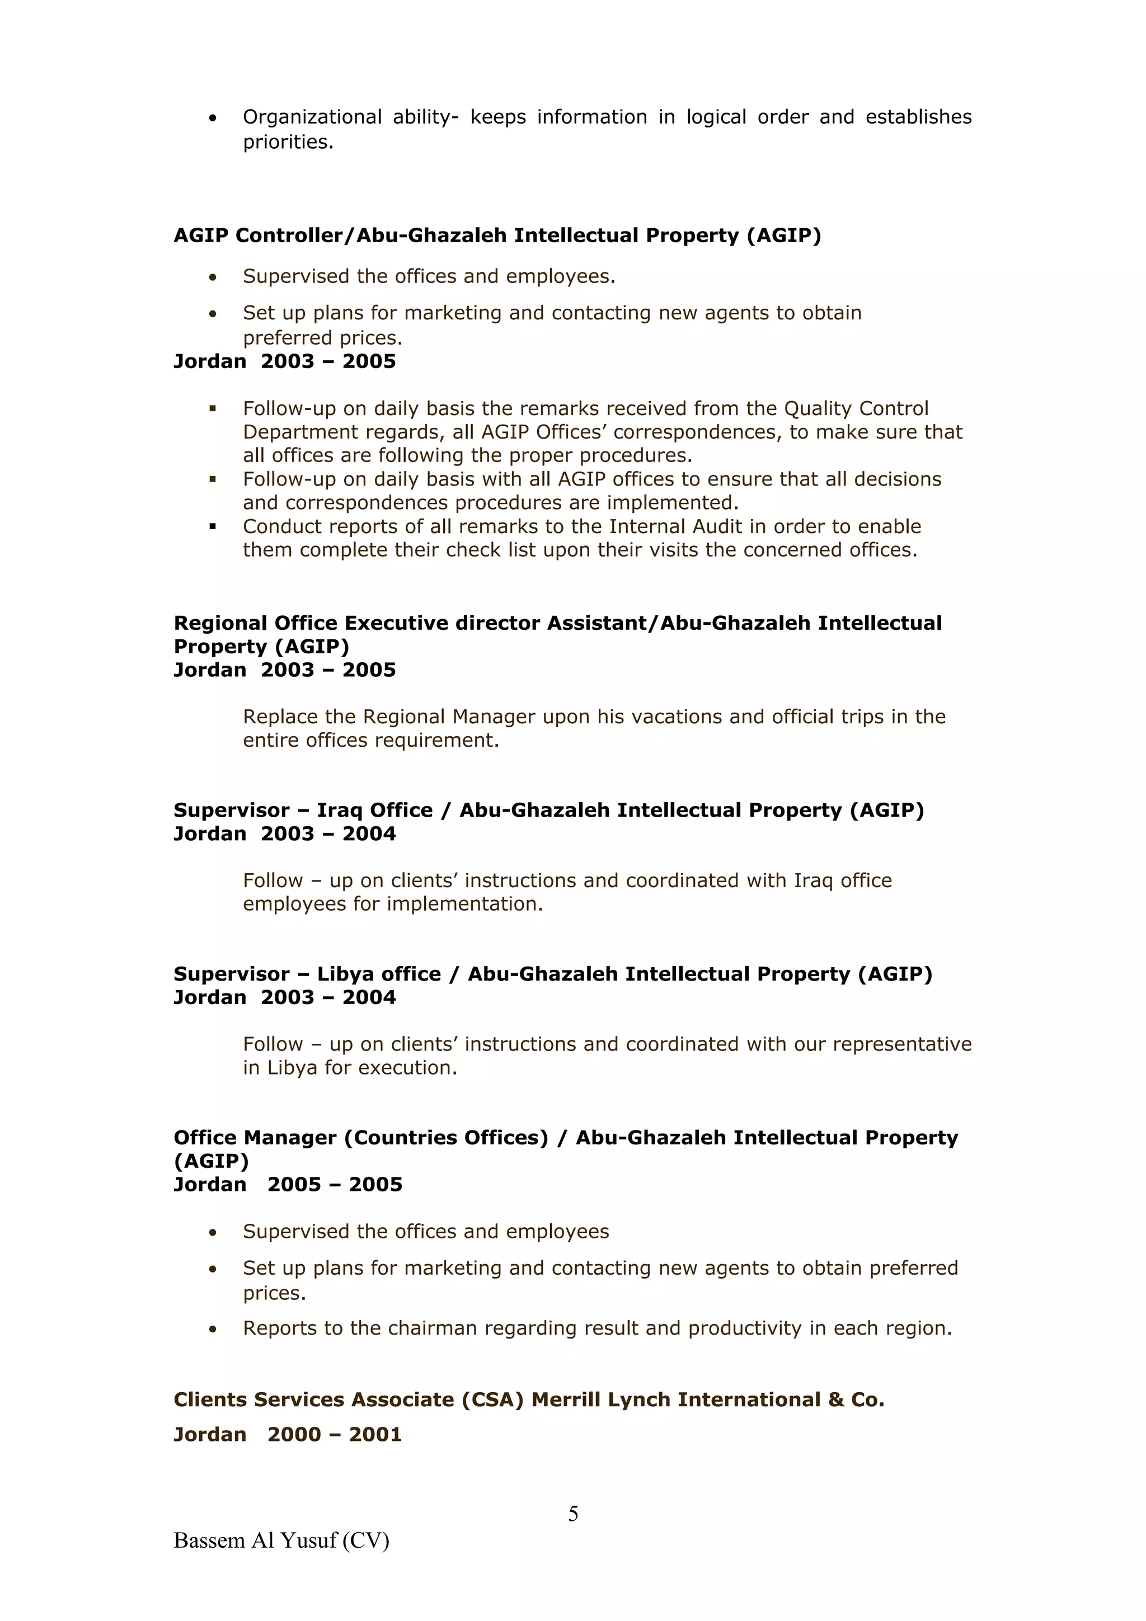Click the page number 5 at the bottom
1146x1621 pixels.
[x=572, y=1513]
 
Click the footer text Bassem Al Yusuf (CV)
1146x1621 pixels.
[x=281, y=1540]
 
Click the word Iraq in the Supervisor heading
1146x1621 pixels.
[x=339, y=810]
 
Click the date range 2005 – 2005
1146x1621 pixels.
[x=335, y=1184]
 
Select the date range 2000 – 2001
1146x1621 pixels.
[x=335, y=1434]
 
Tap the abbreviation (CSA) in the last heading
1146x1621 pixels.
[x=492, y=1399]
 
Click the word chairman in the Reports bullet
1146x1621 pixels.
[x=432, y=1328]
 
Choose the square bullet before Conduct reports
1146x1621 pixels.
[x=212, y=526]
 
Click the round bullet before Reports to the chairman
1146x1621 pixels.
[x=213, y=1330]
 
